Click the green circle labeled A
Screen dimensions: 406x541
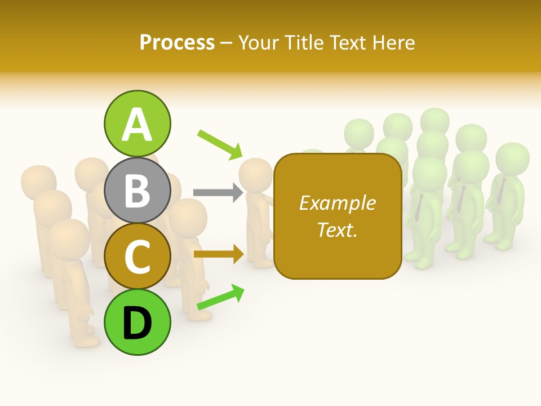[x=137, y=123]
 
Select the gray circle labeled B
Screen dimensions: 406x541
[x=137, y=190]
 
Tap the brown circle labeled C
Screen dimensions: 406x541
[x=137, y=257]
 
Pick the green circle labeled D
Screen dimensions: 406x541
[x=137, y=323]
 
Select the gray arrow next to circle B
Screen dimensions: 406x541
[x=218, y=192]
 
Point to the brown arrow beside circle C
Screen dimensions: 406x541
[x=219, y=254]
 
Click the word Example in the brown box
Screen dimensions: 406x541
[x=337, y=203]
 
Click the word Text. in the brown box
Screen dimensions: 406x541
[x=337, y=230]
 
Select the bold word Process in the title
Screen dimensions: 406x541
[x=177, y=42]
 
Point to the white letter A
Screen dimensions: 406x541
[x=137, y=124]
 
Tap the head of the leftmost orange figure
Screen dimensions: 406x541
[x=38, y=180]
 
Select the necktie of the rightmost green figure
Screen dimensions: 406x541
[x=500, y=192]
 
